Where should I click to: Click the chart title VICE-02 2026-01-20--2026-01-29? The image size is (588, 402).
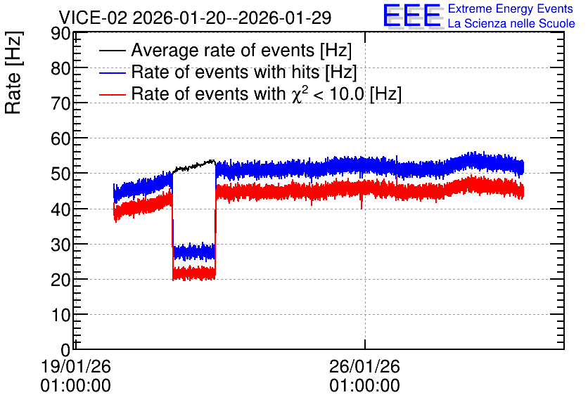pos(195,18)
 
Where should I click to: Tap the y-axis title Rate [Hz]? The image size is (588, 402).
pos(13,72)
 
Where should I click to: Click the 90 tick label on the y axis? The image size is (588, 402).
pos(60,34)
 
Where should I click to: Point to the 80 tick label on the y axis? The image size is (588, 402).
pos(60,69)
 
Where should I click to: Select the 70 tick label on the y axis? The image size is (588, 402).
pos(60,103)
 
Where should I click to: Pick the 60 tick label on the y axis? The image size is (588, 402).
pos(60,138)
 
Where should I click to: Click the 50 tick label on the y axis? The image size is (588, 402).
pos(60,174)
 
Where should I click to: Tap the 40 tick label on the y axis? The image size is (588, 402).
pos(60,209)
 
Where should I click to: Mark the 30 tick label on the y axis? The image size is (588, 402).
pos(60,245)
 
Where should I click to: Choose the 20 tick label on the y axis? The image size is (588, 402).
pos(60,280)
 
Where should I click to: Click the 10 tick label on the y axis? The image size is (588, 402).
pos(60,315)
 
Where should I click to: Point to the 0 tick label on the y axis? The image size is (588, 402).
pos(65,350)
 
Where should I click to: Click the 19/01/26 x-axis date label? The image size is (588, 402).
pos(76,366)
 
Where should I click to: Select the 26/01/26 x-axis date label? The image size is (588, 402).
pos(364,366)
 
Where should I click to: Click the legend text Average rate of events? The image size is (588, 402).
pos(223,50)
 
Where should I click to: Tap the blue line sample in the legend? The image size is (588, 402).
pos(113,72)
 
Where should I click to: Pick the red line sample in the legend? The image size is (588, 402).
pos(113,94)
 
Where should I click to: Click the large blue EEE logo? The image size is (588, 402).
pos(412,16)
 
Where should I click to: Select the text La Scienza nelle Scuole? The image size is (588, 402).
pos(511,24)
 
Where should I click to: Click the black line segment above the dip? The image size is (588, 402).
pos(194,166)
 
